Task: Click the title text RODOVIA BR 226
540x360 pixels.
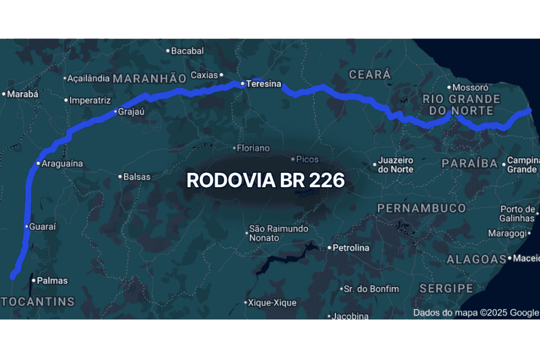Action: [x=266, y=180]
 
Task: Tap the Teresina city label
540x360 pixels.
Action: [x=264, y=84]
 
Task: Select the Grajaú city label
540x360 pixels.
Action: [x=132, y=112]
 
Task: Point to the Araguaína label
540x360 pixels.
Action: [x=63, y=163]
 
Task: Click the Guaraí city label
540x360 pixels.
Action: [x=43, y=227]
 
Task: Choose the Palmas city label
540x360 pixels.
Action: [x=53, y=281]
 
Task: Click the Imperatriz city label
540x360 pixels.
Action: [x=90, y=100]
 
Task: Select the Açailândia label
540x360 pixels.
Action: [x=89, y=78]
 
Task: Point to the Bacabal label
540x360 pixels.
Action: [x=187, y=51]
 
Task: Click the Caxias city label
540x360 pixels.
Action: [x=204, y=75]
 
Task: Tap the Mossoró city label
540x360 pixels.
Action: [x=470, y=87]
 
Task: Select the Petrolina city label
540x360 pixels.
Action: [x=351, y=248]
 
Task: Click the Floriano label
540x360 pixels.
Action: [x=254, y=148]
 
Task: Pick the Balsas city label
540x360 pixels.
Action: [x=137, y=176]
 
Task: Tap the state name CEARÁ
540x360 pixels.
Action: [x=370, y=75]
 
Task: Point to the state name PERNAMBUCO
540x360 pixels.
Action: [x=422, y=208]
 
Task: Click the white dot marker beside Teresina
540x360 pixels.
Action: [x=243, y=84]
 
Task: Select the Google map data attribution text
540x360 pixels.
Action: [x=476, y=313]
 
